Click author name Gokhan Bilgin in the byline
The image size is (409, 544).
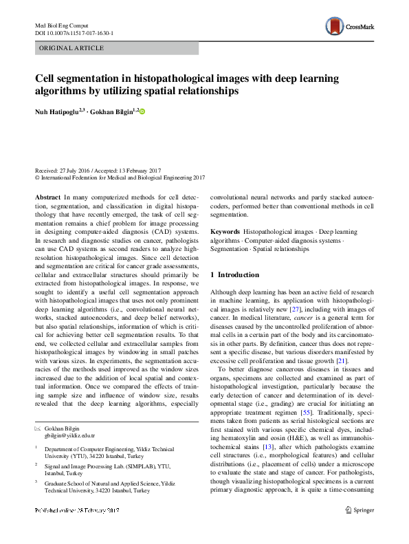tap(114, 111)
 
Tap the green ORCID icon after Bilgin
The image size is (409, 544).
tap(143, 111)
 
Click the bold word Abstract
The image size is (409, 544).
tap(47, 196)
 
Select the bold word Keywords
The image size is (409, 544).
tap(225, 232)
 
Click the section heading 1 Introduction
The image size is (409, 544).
tap(235, 274)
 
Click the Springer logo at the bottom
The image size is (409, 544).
tap(360, 529)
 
